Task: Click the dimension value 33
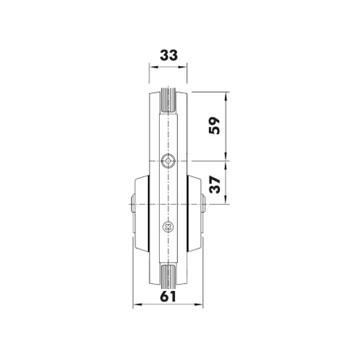[x=168, y=55]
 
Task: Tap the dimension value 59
[x=214, y=126]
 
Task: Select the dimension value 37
[x=214, y=184]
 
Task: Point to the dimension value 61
[x=168, y=296]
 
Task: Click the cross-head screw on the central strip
[x=168, y=227]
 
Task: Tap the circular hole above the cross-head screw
[x=168, y=160]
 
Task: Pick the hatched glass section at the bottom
[x=168, y=277]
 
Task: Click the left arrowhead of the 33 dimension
[x=153, y=67]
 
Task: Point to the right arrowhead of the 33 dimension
[x=183, y=67]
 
